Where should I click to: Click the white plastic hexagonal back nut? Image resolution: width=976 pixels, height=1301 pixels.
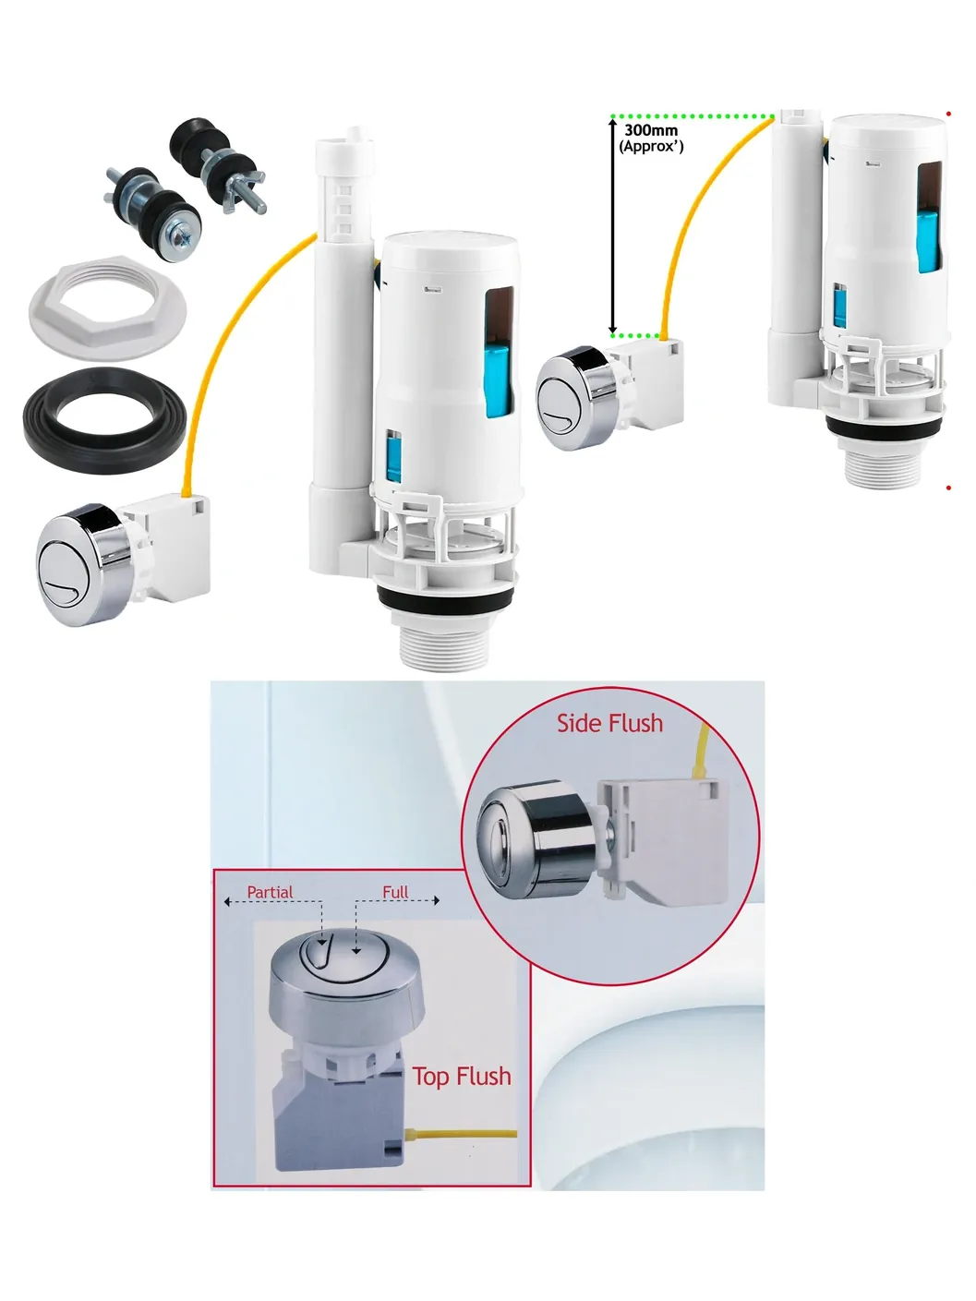107,308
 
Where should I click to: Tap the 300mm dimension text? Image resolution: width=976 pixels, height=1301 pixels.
651,130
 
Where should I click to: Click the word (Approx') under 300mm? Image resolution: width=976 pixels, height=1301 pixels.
651,147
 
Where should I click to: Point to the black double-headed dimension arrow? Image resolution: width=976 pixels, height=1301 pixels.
613,225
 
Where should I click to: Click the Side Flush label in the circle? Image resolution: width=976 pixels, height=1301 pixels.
609,723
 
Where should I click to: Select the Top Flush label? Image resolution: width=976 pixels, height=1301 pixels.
462,1077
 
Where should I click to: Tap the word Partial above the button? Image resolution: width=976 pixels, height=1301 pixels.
270,892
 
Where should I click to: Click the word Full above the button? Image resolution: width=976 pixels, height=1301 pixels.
395,892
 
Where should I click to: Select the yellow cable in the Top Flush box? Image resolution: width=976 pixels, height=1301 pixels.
463,1134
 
